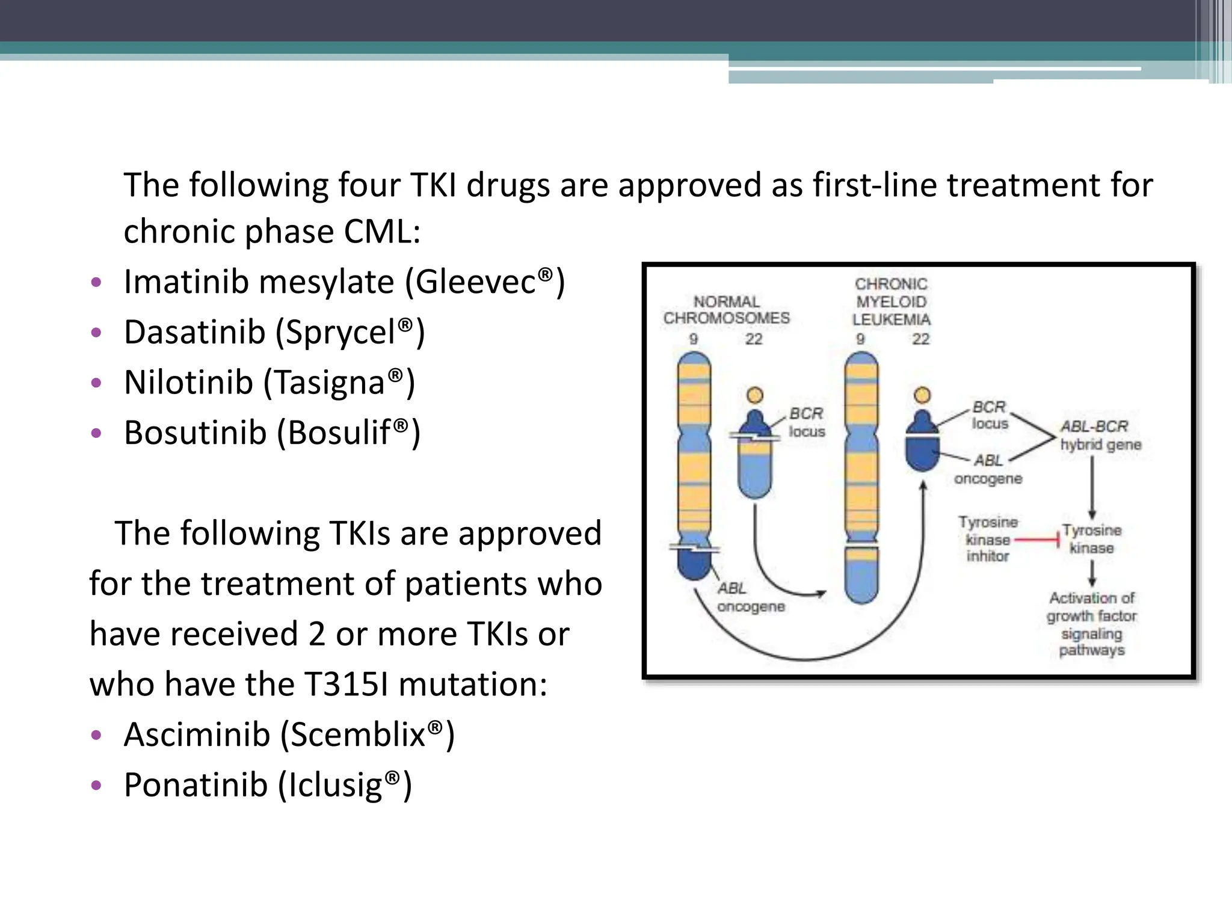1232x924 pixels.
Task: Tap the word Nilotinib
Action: click(x=188, y=383)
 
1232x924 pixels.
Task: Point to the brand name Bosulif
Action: click(x=339, y=433)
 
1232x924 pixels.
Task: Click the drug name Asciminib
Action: click(x=197, y=735)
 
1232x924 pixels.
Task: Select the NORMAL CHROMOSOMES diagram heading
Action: click(x=726, y=310)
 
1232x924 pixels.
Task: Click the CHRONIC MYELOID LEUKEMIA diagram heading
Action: click(x=891, y=301)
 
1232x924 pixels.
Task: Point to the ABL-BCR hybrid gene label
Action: click(x=1100, y=436)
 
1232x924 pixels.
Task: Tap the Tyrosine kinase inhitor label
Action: click(x=988, y=539)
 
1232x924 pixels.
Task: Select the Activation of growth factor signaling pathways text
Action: click(x=1091, y=624)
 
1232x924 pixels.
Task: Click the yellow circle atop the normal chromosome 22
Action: click(x=754, y=395)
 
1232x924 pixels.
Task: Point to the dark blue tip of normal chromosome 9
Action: click(x=694, y=566)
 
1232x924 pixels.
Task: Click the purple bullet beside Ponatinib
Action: click(x=96, y=786)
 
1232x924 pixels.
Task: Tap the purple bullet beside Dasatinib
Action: click(x=96, y=333)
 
